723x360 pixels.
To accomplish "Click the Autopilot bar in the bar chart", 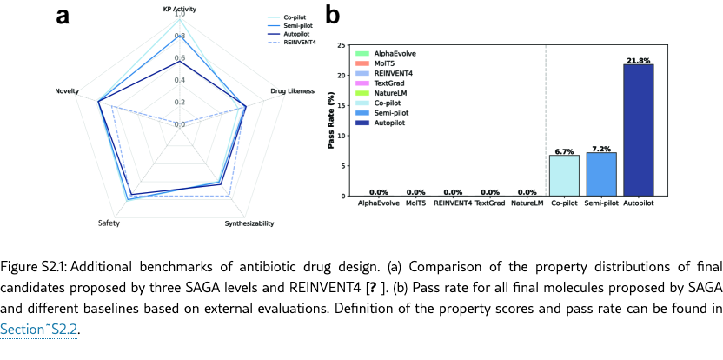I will (x=639, y=130).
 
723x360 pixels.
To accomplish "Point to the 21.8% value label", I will (x=639, y=60).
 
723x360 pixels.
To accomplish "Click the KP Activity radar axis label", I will (x=180, y=8).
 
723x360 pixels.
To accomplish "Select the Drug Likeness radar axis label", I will (x=288, y=90).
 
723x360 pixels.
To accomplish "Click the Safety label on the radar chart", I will (x=109, y=223).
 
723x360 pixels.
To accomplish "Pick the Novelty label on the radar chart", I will (x=68, y=90).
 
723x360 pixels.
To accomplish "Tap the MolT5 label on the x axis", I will (x=415, y=203).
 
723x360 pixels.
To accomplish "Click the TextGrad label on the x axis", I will (x=490, y=203).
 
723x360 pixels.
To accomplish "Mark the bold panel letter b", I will (x=333, y=16).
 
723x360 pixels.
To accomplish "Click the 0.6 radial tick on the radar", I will (x=179, y=58).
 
